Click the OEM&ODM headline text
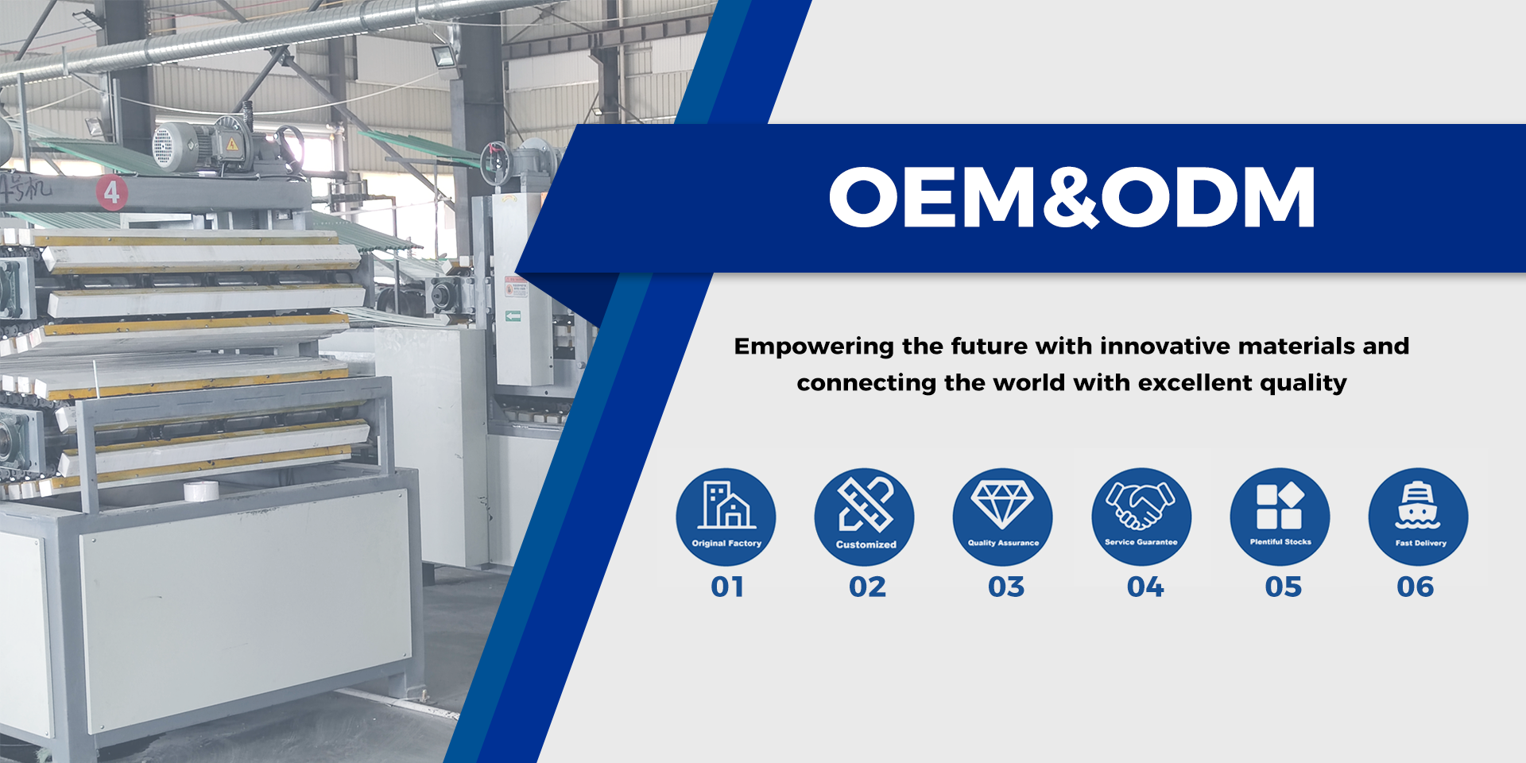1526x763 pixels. tap(1072, 196)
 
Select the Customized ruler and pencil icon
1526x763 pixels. tap(866, 505)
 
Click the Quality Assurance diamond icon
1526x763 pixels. tap(1002, 504)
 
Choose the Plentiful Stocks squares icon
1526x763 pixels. tap(1280, 505)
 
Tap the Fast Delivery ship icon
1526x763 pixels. tap(1418, 505)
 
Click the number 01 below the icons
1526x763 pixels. tap(727, 587)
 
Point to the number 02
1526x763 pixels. tap(867, 587)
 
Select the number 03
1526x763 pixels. tap(1006, 587)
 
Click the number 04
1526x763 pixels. tap(1145, 587)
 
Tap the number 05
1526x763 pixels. tap(1284, 587)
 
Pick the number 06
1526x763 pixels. tap(1416, 587)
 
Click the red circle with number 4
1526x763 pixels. tap(112, 192)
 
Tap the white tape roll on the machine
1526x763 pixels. tap(201, 491)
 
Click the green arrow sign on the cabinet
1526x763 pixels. tap(513, 316)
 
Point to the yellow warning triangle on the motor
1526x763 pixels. tap(232, 145)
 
